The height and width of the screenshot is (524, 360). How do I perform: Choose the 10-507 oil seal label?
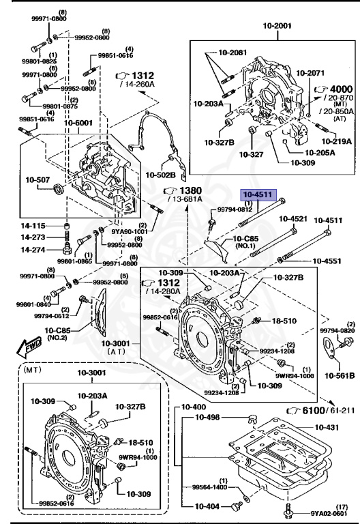pyautogui.click(x=39, y=180)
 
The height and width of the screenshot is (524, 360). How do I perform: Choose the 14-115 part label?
pyautogui.click(x=35, y=226)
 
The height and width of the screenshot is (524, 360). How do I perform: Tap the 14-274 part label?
pyautogui.click(x=35, y=250)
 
